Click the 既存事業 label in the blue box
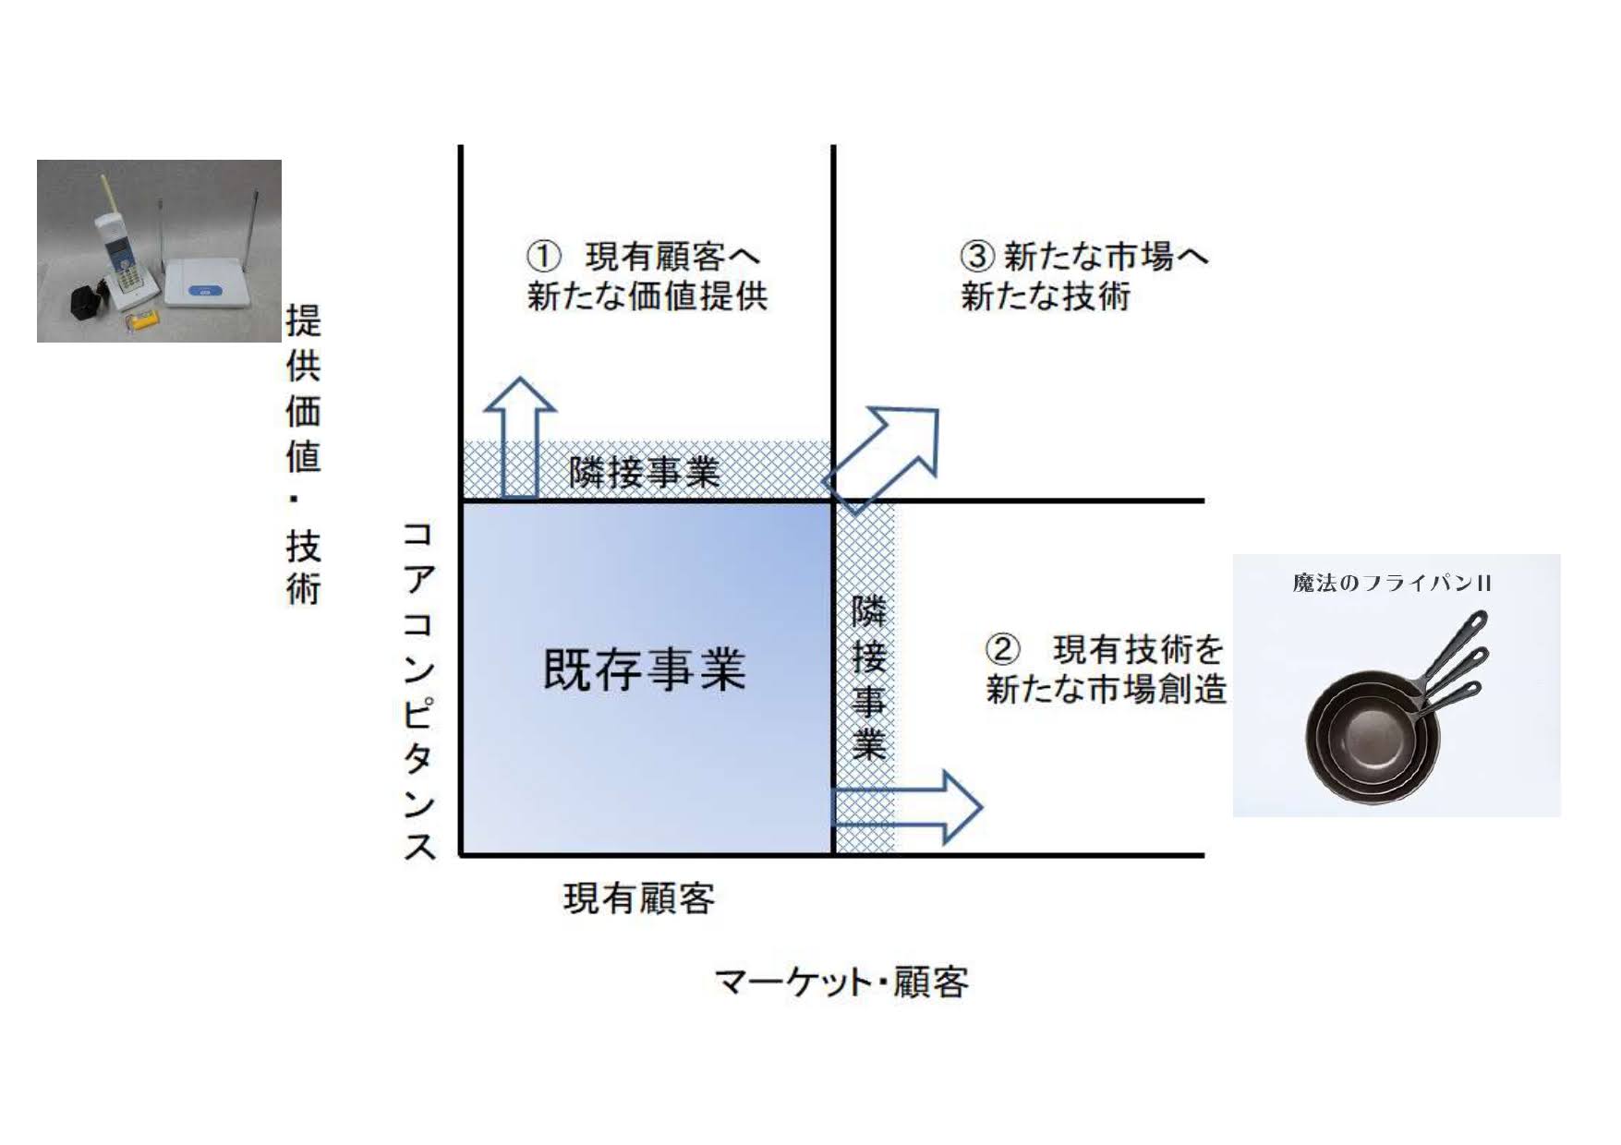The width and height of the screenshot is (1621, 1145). pyautogui.click(x=644, y=669)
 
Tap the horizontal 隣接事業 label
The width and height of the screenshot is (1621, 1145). pyautogui.click(x=644, y=473)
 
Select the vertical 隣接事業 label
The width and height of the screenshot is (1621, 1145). pyautogui.click(x=868, y=679)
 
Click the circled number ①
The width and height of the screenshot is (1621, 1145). pyautogui.click(x=544, y=257)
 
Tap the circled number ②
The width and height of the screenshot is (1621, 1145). pyautogui.click(x=1002, y=650)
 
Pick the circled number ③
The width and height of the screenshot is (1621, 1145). pyautogui.click(x=977, y=256)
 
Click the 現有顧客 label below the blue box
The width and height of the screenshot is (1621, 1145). pyautogui.click(x=639, y=898)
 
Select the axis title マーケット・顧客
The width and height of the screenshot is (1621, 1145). pyautogui.click(x=841, y=982)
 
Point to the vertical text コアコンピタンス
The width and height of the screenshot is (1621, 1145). pyautogui.click(x=418, y=691)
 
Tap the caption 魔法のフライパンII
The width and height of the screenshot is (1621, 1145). pyautogui.click(x=1392, y=584)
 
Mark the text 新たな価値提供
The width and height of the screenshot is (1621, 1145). pyautogui.click(x=647, y=297)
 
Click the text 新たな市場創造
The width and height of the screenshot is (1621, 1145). pyautogui.click(x=1106, y=690)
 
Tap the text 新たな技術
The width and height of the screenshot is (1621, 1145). pyautogui.click(x=1046, y=297)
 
